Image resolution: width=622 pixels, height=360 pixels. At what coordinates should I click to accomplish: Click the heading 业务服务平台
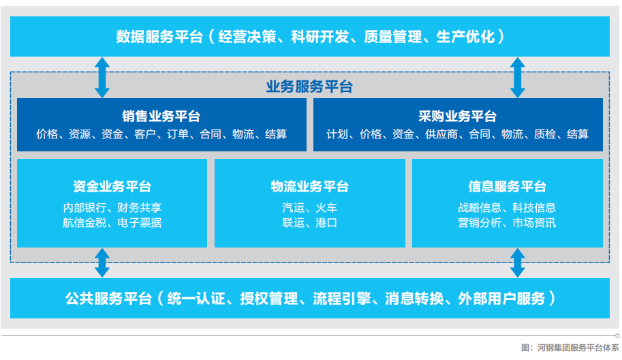point(309,86)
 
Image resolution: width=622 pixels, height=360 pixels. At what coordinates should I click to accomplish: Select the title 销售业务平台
point(161,117)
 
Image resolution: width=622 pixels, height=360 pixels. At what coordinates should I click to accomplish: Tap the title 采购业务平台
point(457,117)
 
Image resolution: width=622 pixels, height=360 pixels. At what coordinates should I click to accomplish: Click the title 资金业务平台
point(112,186)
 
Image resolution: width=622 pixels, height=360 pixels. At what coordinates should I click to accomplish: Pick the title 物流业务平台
point(310,186)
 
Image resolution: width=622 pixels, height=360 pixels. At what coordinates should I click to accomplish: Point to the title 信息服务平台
point(508,186)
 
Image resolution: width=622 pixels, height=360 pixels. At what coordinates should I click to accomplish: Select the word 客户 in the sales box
point(145,134)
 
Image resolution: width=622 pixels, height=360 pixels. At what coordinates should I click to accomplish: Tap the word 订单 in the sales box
point(178,134)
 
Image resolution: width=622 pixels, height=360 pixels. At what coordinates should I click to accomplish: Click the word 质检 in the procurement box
point(545,134)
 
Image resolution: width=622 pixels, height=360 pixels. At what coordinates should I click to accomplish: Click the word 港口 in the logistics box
point(326,223)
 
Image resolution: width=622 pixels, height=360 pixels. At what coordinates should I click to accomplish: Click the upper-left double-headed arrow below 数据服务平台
point(102,78)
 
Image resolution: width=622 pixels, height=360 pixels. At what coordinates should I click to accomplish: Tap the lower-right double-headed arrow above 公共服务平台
point(518,262)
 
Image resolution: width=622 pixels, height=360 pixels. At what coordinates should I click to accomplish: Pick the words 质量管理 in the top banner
point(393,37)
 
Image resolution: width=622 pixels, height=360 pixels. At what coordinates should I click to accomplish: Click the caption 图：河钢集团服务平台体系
point(570,348)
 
